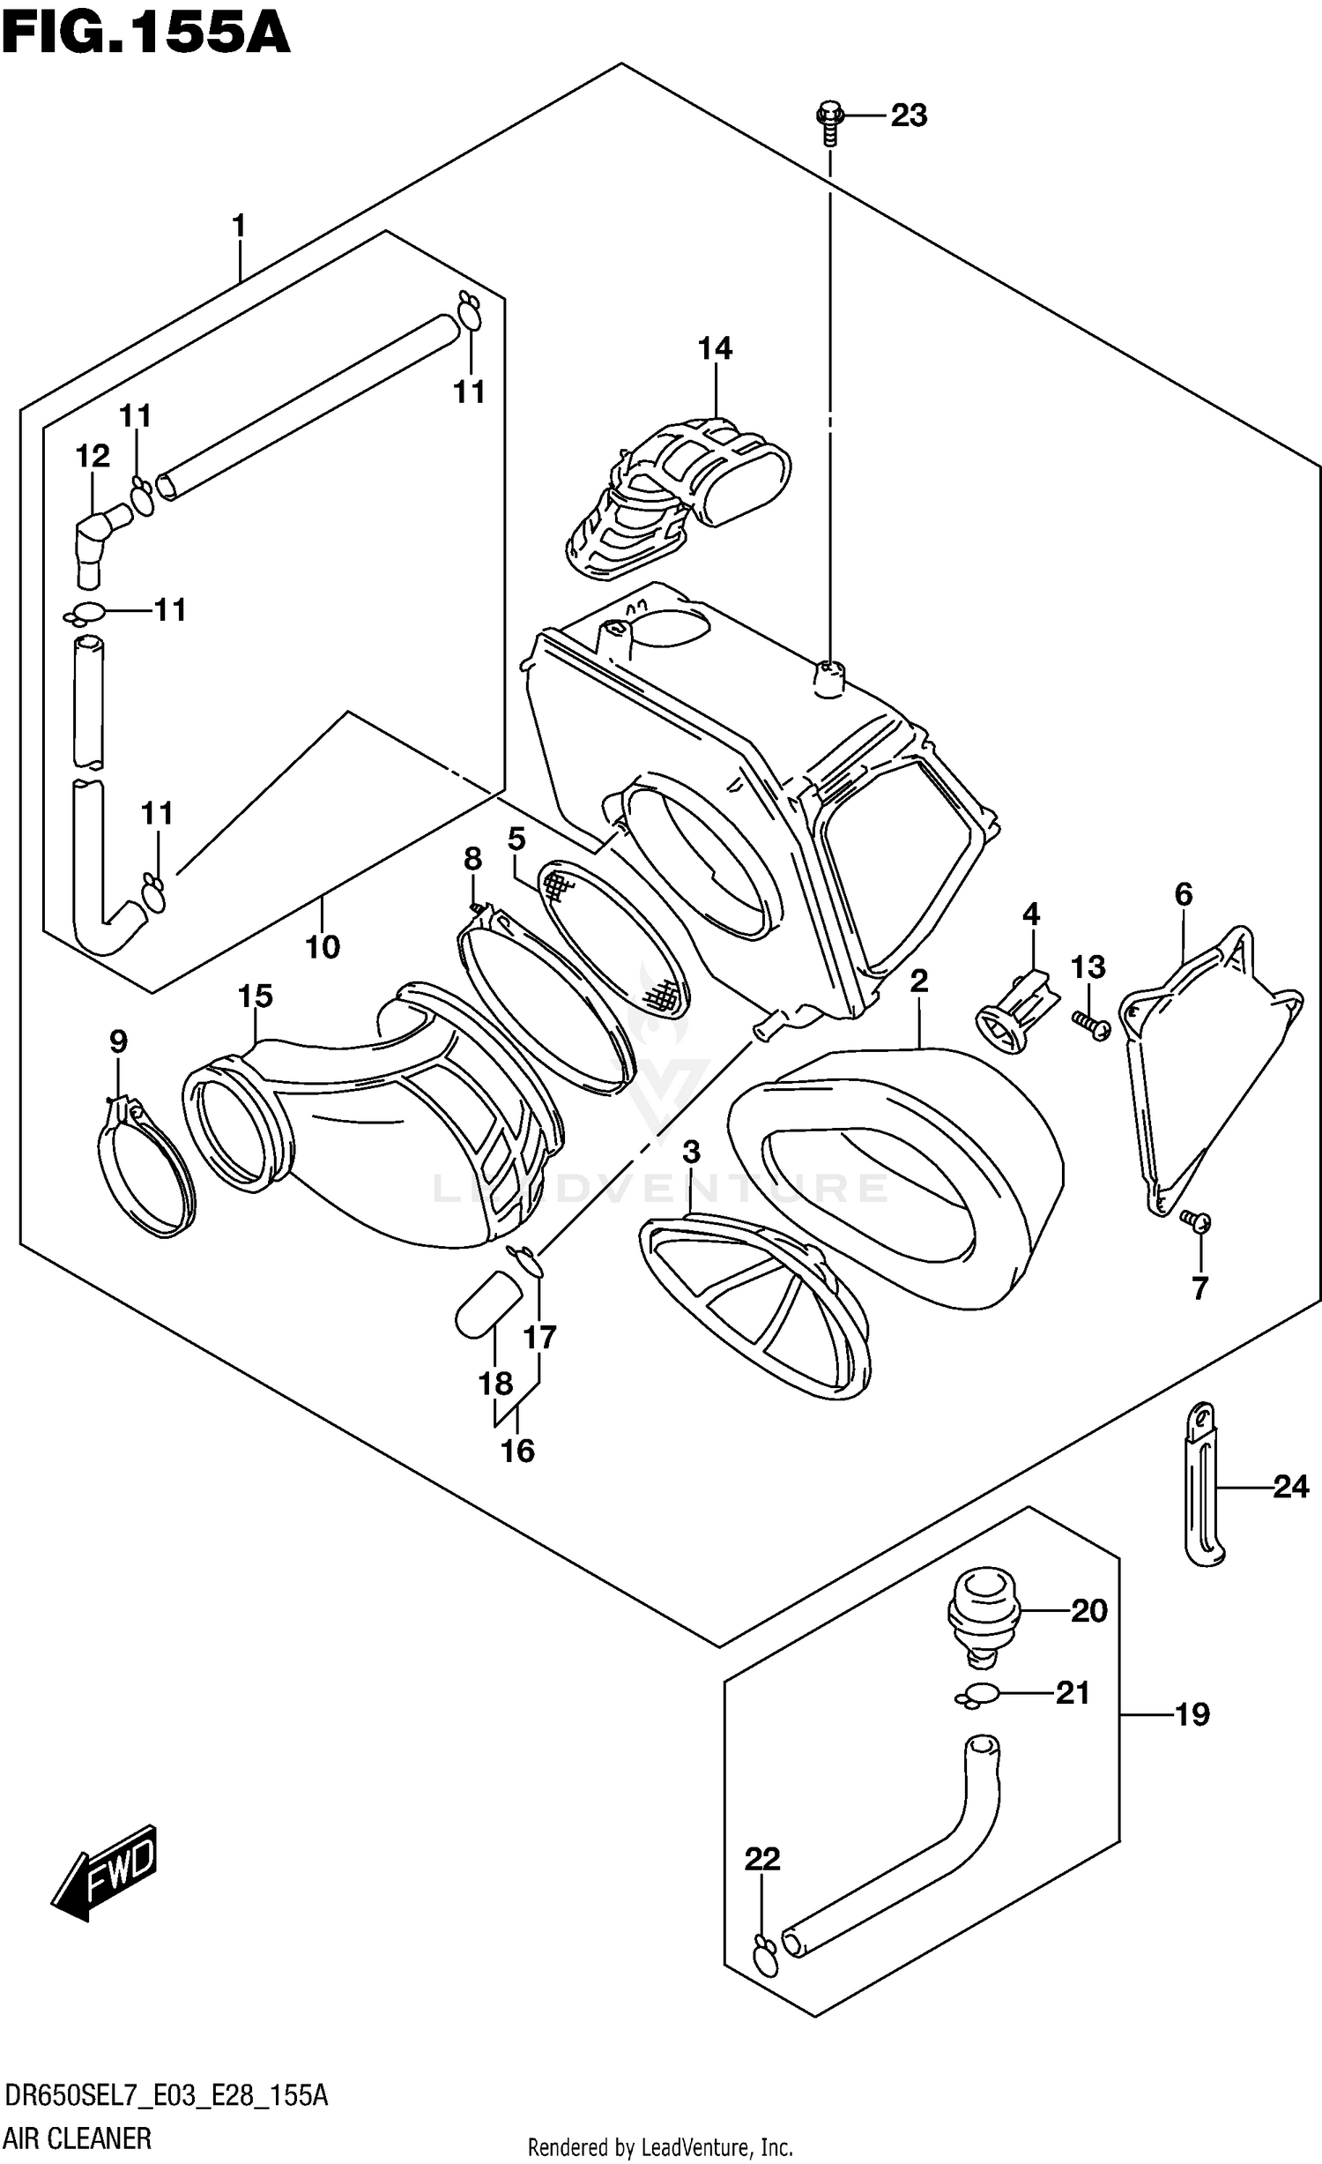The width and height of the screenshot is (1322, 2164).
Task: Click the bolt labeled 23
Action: [x=829, y=123]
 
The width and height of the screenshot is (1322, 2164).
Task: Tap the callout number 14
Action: [x=715, y=348]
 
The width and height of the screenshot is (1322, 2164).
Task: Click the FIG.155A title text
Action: [x=145, y=33]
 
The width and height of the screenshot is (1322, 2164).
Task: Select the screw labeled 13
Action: [x=1091, y=1025]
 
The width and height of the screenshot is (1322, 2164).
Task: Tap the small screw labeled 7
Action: [x=1197, y=1221]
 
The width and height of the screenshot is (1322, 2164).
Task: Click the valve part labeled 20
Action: [x=983, y=1613]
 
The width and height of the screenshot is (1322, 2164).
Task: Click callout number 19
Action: [x=1192, y=1715]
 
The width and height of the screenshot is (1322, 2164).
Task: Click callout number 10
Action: [x=323, y=947]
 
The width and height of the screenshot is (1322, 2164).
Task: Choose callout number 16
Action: [x=517, y=1450]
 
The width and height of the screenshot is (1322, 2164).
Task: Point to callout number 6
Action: [x=1183, y=894]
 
